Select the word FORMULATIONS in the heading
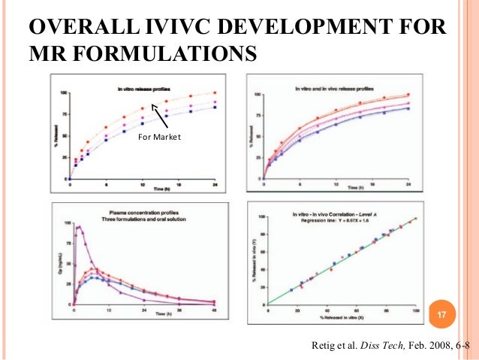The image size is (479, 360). pos(160,54)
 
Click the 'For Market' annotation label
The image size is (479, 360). pos(159,137)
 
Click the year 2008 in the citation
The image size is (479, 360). pos(429,346)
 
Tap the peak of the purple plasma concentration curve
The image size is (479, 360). pos(79,226)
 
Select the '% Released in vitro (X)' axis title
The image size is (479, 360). pos(341,322)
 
